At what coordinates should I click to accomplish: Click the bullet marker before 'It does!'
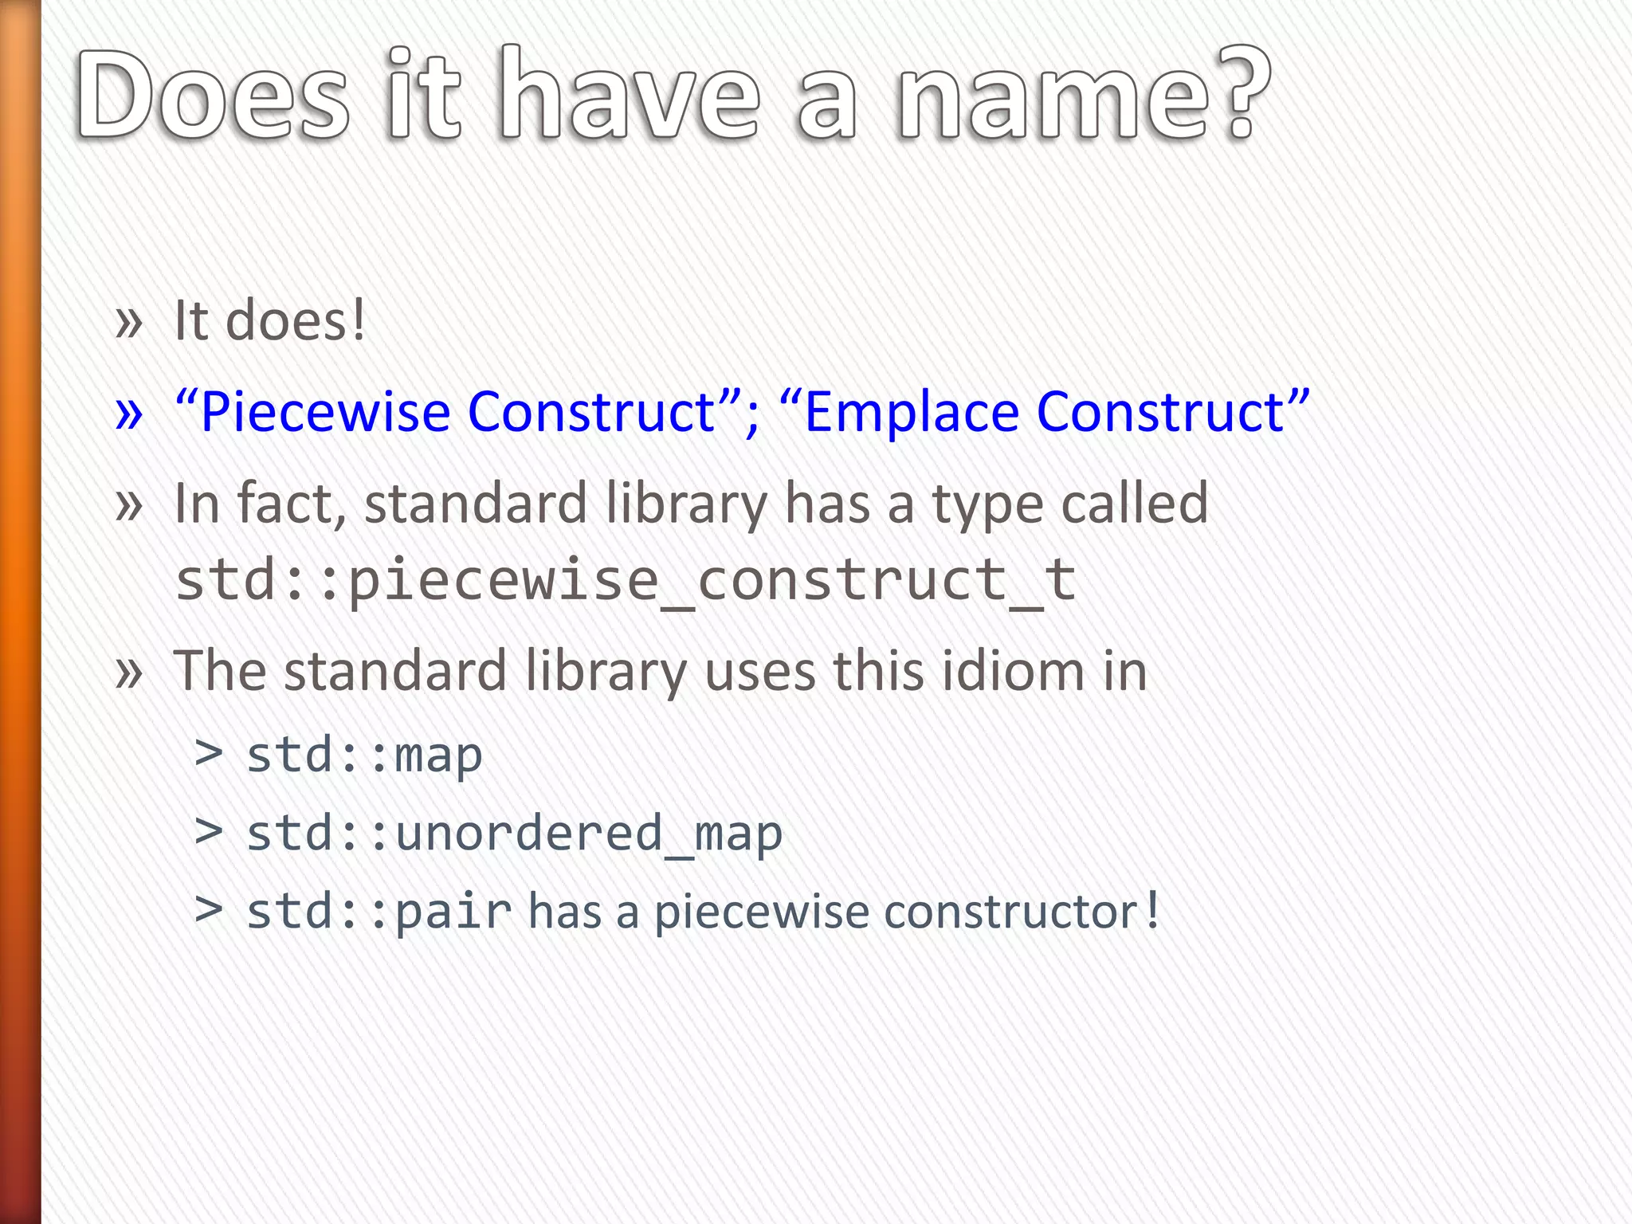click(x=128, y=323)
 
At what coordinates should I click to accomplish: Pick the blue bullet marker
click(x=128, y=414)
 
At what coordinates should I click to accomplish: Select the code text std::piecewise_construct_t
click(x=626, y=580)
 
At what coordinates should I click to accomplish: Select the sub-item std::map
click(x=364, y=755)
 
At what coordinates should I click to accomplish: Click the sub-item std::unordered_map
click(x=514, y=834)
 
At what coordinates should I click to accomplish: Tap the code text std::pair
click(x=379, y=912)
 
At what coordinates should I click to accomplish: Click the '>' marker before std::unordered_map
click(x=209, y=831)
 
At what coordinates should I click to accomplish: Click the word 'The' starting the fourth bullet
click(x=220, y=671)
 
